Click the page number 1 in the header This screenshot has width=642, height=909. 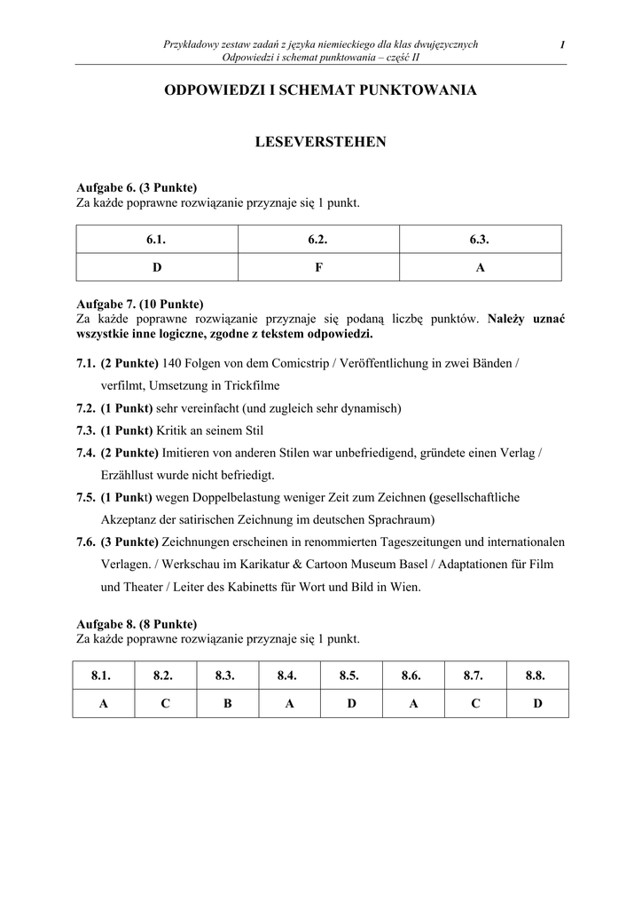[x=562, y=45]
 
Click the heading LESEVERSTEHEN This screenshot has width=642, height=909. [x=321, y=142]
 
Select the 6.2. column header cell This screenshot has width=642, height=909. [x=319, y=240]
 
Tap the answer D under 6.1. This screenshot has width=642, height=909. [x=157, y=267]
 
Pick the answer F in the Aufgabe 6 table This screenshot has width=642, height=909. [x=319, y=267]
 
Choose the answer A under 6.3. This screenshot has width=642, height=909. [x=481, y=267]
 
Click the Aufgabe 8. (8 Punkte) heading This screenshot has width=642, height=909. [x=137, y=623]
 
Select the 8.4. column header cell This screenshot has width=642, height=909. [x=286, y=676]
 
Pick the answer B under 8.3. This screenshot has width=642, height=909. [x=227, y=703]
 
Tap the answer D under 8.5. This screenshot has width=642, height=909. [x=351, y=703]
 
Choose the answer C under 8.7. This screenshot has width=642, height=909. [x=475, y=703]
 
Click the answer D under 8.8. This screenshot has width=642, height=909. [x=537, y=703]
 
